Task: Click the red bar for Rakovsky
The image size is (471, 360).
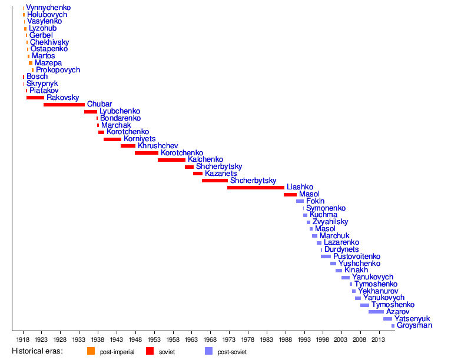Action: [x=35, y=98]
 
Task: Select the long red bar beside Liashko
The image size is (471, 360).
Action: [x=256, y=187]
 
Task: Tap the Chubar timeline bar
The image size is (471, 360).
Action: [x=64, y=104]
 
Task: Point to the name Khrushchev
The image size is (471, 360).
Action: [x=158, y=146]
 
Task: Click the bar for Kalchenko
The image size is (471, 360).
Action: [x=171, y=159]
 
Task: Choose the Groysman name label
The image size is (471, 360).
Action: [x=414, y=325]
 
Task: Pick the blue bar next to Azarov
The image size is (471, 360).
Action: [x=376, y=312]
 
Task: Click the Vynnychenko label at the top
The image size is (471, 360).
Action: [x=48, y=8]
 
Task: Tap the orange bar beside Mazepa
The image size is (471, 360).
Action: [x=31, y=63]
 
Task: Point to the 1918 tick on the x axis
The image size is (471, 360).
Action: [x=23, y=339]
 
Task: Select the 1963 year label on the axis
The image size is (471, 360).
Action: [x=191, y=339]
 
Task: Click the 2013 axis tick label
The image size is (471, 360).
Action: [x=378, y=339]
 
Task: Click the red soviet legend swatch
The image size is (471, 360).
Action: [x=150, y=351]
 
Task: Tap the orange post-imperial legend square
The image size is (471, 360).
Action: [x=91, y=351]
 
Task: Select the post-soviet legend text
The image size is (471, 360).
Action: [x=232, y=352]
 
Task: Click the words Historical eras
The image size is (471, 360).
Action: [x=38, y=351]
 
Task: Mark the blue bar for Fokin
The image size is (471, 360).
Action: [x=300, y=201]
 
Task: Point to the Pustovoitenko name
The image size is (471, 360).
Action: [x=357, y=256]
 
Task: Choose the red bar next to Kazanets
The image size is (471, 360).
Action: [x=198, y=174]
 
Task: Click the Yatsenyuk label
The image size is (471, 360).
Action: [x=412, y=318]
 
